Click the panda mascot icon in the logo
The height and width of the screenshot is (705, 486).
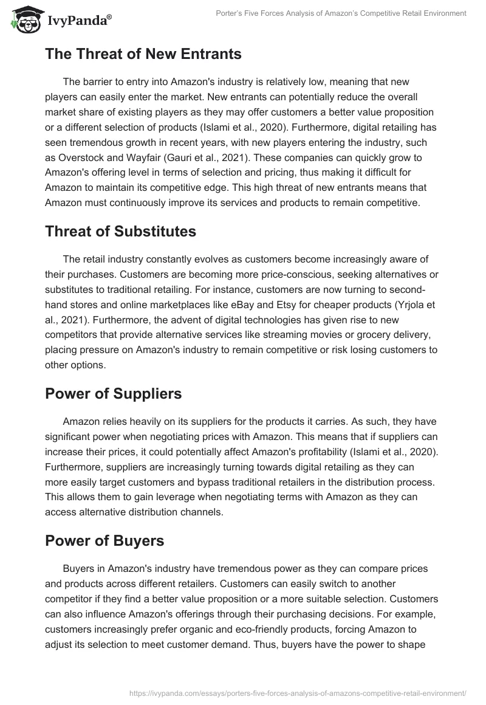coord(22,20)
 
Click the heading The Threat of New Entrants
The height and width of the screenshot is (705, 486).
coord(143,54)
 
